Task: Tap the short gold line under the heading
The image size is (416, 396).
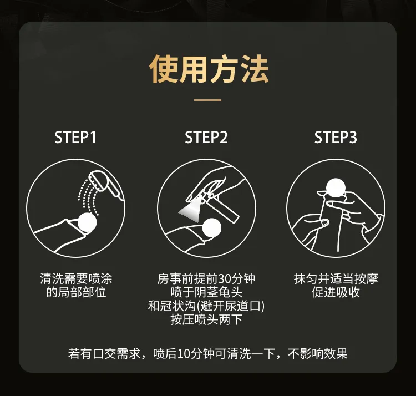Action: pyautogui.click(x=208, y=100)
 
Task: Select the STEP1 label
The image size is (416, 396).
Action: pyautogui.click(x=75, y=138)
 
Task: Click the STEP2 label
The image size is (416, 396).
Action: pyautogui.click(x=206, y=138)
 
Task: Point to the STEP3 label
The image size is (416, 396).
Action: pyautogui.click(x=336, y=138)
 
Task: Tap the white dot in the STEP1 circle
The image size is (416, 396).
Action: pyautogui.click(x=87, y=222)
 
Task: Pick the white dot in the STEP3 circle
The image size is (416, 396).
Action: pyautogui.click(x=336, y=187)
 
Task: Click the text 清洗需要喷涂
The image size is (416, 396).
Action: pyautogui.click(x=76, y=278)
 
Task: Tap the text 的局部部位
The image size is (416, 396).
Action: pyautogui.click(x=76, y=292)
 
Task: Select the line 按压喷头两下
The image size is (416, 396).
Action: pyautogui.click(x=206, y=319)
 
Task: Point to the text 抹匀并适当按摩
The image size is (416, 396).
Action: pyautogui.click(x=336, y=278)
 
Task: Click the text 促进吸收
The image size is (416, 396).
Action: pyautogui.click(x=336, y=292)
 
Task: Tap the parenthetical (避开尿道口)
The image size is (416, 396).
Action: pyautogui.click(x=231, y=306)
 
